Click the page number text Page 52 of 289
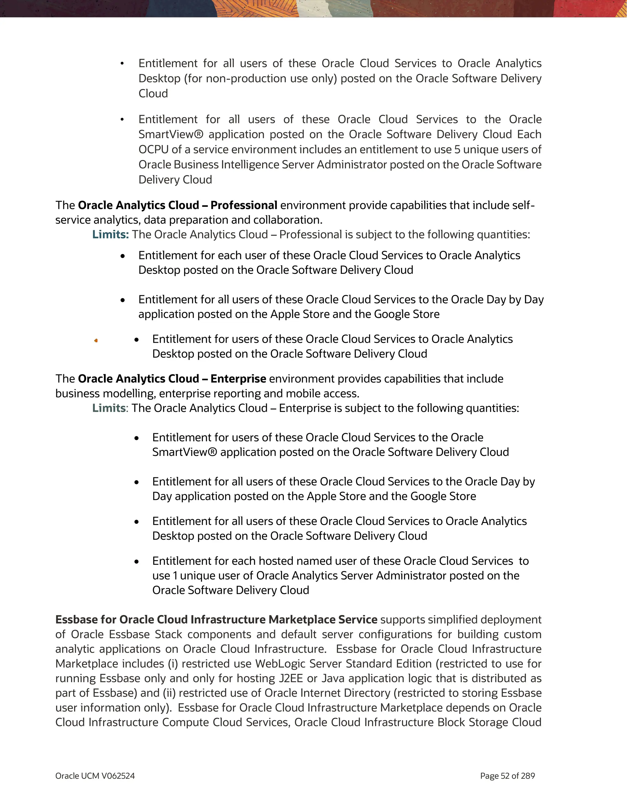[x=507, y=776]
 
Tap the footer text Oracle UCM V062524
[x=95, y=776]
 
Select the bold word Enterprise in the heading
[x=238, y=378]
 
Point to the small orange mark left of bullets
[x=96, y=341]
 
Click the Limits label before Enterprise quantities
[x=109, y=408]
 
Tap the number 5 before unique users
[x=457, y=150]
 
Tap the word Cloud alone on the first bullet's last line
[x=153, y=93]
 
